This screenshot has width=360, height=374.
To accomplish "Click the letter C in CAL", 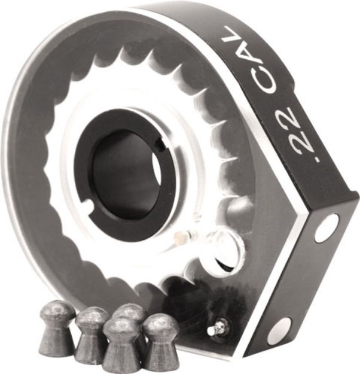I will point(264,82).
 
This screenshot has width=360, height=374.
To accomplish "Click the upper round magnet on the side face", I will point(327,228).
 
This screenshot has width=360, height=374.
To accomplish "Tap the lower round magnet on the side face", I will point(279,331).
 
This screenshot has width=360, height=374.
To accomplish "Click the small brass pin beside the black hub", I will point(179,238).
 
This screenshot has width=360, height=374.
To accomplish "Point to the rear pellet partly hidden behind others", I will point(130,314).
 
